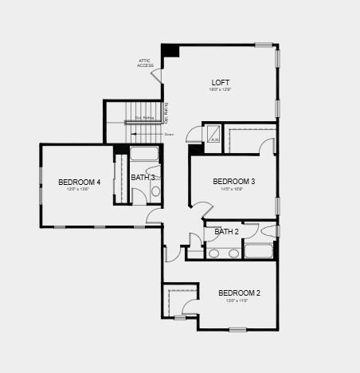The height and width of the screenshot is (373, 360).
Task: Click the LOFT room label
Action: pos(221,83)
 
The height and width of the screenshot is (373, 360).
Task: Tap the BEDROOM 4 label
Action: pos(79,183)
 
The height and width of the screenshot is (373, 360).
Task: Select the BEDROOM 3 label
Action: pos(233,182)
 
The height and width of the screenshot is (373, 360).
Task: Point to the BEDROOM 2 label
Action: pos(239,293)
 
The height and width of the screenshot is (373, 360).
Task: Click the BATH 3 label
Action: pos(143,178)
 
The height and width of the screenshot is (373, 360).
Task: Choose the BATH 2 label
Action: pos(226,232)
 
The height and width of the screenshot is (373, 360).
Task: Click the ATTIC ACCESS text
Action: pos(145,63)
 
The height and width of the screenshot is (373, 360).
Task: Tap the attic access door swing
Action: pos(158,76)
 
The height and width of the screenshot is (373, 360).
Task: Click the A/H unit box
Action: pos(213,136)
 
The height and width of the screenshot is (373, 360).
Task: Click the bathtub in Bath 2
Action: pos(258,252)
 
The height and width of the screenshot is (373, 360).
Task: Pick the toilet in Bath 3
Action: pos(155,191)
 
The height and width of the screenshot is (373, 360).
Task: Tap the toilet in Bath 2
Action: pos(267,232)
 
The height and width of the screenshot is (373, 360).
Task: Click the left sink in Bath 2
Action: pos(215,253)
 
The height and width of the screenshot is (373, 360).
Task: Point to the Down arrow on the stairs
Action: pos(169,135)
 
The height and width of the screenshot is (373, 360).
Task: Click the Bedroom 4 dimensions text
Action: pos(79,190)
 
